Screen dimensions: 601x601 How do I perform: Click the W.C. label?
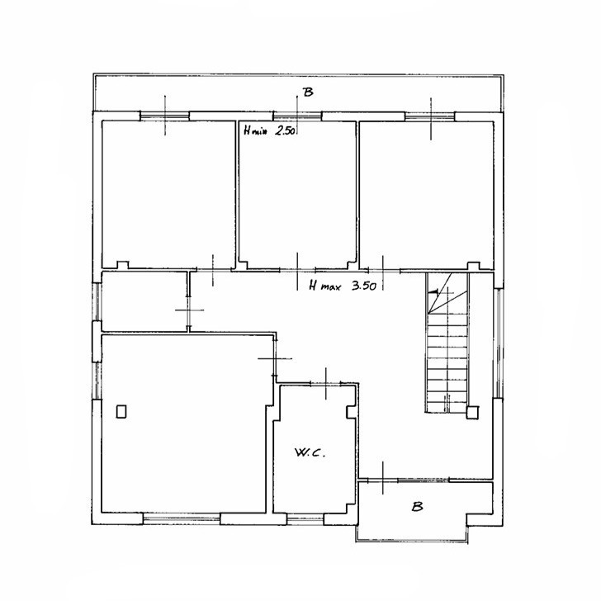pos(310,452)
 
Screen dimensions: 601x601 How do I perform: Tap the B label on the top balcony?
pos(308,92)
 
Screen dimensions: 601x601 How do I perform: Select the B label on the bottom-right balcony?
pos(417,507)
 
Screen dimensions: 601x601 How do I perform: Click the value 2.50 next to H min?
pos(285,131)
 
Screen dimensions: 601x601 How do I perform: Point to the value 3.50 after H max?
pos(364,286)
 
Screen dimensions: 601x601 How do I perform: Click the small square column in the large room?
pos(121,411)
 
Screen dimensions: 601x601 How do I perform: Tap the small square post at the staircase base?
pos(472,413)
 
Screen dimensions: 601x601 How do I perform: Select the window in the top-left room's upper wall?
pos(164,116)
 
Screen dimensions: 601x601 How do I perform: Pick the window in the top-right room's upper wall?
pos(430,116)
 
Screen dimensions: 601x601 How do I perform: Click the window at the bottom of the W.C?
pos(305,519)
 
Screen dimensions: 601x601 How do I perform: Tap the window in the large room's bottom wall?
pos(182,518)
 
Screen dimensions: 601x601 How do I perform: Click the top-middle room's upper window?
pos(297,116)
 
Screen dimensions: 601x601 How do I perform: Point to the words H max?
pos(324,286)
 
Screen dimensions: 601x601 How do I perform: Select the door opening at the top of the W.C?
pos(325,383)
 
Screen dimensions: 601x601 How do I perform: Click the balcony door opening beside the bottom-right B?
pos(382,479)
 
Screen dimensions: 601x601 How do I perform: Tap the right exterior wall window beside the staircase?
pos(498,343)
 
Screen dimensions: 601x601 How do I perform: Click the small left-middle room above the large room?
pos(144,301)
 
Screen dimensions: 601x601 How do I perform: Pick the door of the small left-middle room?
pos(188,310)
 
